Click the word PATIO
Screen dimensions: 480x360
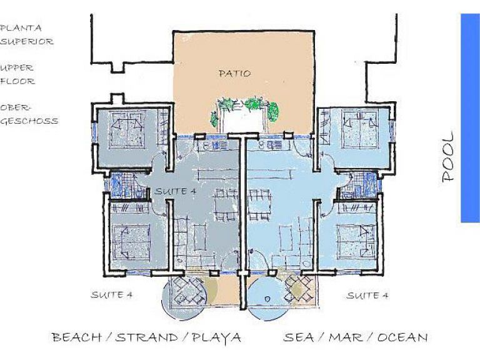point(235,74)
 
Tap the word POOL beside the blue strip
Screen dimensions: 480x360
point(448,156)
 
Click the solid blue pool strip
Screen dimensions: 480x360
point(470,118)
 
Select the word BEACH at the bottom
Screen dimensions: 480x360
point(76,337)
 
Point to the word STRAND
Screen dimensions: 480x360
point(147,337)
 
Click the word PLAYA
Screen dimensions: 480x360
point(217,337)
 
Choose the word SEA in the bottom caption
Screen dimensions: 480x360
point(299,337)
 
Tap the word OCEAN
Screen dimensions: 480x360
point(402,337)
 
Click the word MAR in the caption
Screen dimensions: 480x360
point(346,337)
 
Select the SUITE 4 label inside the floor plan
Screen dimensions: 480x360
point(175,192)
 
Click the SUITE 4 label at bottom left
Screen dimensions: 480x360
point(111,295)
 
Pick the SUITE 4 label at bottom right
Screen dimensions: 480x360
point(367,296)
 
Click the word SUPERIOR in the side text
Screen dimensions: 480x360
point(27,41)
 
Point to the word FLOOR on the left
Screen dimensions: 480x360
point(17,81)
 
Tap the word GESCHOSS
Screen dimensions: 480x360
point(29,121)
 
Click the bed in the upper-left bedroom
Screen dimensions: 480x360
point(127,130)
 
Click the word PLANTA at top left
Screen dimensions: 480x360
point(21,28)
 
